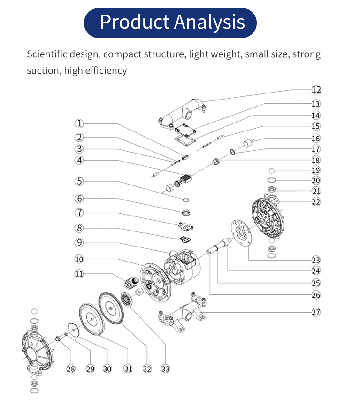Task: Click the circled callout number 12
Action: coord(316,90)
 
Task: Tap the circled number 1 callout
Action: coord(79,123)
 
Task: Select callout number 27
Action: coord(316,312)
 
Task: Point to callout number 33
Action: coord(165,369)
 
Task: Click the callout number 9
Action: coord(79,242)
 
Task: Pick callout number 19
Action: coord(316,170)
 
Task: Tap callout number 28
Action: coord(71,369)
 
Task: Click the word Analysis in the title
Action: coord(210,22)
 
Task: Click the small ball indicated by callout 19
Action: coord(272,170)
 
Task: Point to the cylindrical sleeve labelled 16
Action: coord(247,143)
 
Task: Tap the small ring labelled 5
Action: coord(186,200)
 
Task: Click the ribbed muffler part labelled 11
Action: coord(131,283)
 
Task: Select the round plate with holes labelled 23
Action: coord(241,233)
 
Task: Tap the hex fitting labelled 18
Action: coord(215,162)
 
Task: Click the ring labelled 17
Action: coord(232,152)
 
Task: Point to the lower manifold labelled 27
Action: coord(182,312)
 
